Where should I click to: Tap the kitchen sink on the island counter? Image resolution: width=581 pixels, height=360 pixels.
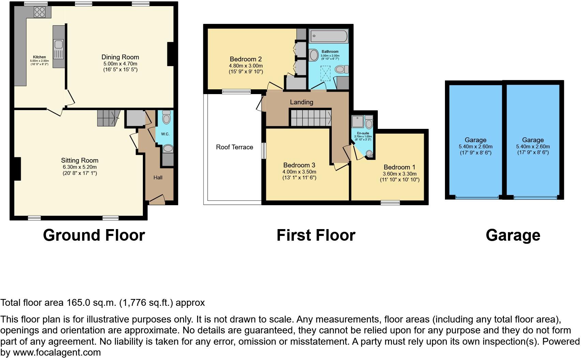[x=58, y=45]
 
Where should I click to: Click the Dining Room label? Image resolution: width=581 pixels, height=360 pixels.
[x=120, y=57]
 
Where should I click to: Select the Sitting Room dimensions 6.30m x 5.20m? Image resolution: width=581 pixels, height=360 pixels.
[x=79, y=167]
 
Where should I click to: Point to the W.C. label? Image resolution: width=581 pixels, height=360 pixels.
[x=165, y=134]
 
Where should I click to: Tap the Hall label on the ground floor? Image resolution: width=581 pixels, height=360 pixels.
[x=158, y=177]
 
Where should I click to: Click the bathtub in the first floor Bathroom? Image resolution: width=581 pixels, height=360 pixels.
[x=328, y=36]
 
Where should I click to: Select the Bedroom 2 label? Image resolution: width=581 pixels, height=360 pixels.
[x=245, y=59]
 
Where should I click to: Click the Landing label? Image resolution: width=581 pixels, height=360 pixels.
[x=301, y=102]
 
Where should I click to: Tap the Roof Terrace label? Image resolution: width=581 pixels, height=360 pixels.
[x=234, y=147]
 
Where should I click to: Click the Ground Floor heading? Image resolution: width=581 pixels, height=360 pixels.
[x=94, y=235]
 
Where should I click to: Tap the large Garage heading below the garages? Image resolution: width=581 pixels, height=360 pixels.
[x=512, y=235]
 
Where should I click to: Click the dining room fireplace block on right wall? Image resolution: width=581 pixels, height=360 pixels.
[x=170, y=54]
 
